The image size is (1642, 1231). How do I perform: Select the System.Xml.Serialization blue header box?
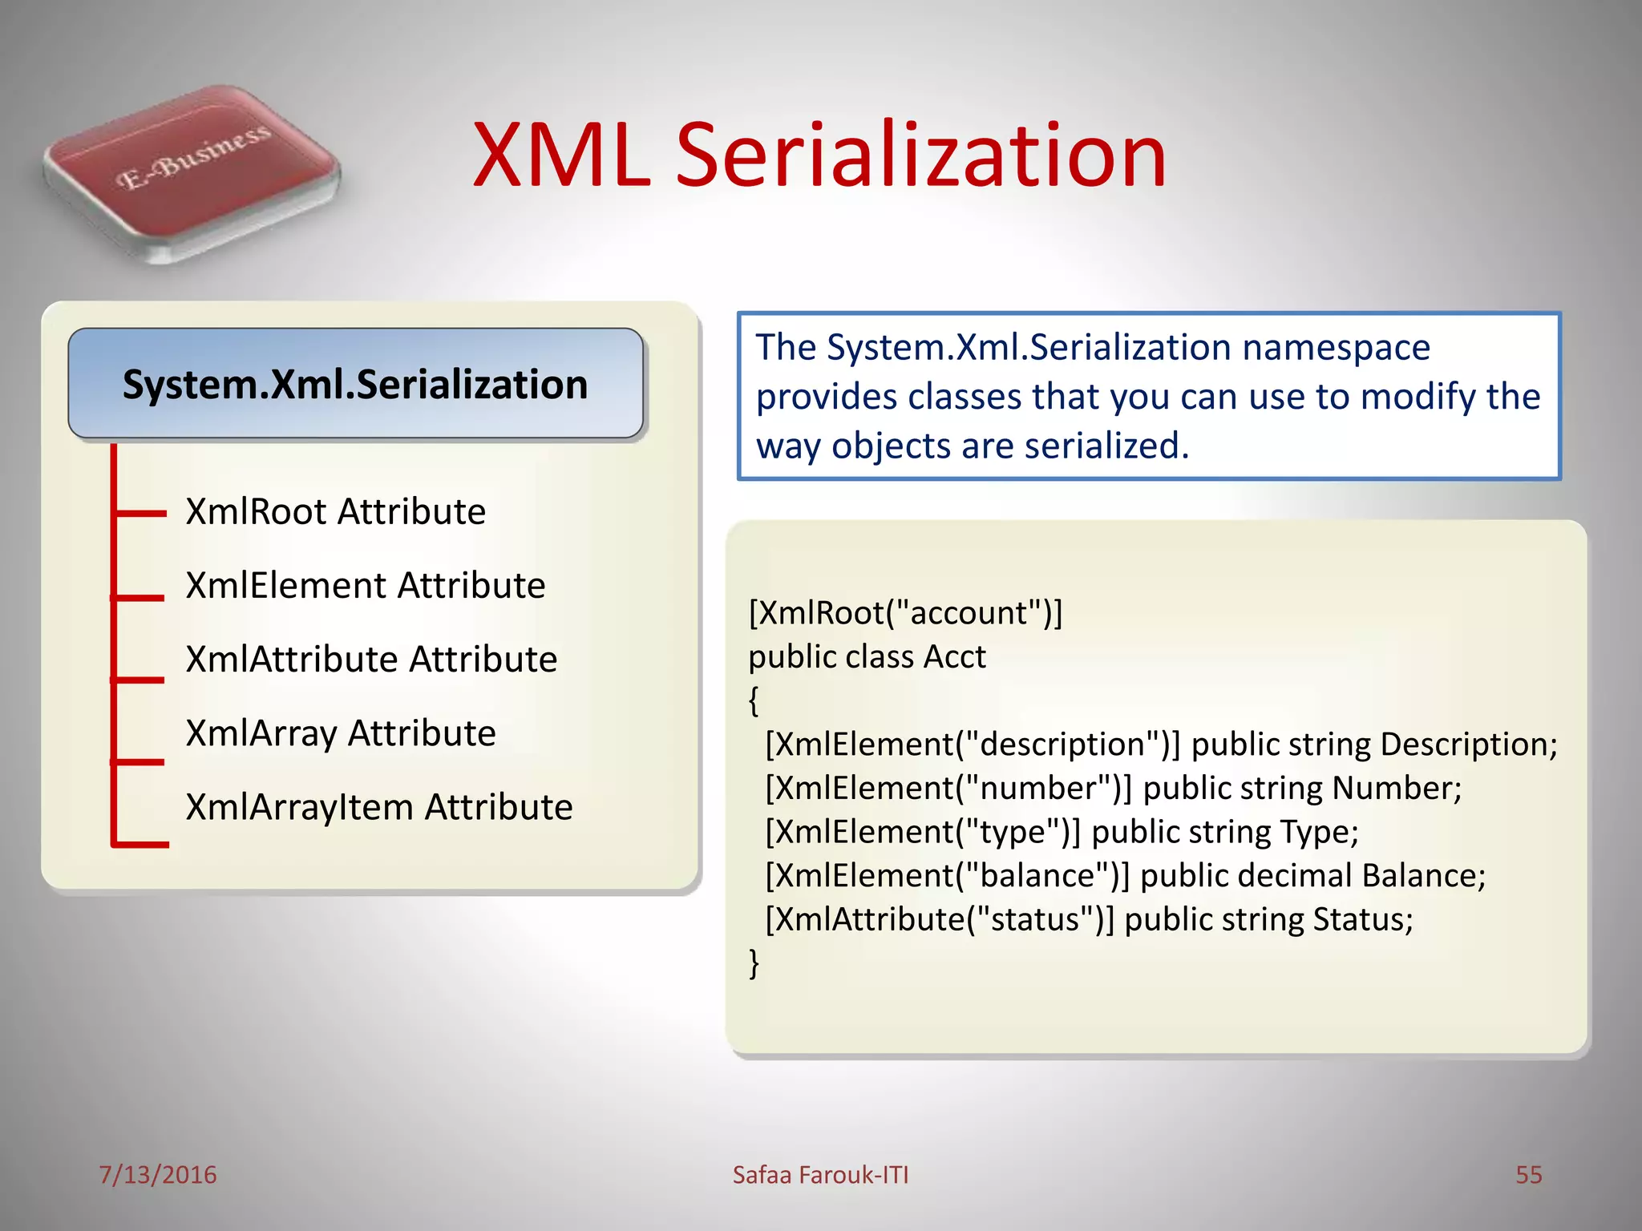[355, 384]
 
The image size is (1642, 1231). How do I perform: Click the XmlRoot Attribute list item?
[335, 511]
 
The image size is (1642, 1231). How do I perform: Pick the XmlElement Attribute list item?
[365, 585]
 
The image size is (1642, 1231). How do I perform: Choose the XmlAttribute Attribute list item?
[371, 659]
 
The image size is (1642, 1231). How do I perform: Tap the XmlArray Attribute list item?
[341, 733]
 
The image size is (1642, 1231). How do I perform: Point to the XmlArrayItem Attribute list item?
[379, 806]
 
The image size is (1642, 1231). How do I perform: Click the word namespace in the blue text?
[1336, 347]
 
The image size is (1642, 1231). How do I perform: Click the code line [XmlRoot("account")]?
[905, 613]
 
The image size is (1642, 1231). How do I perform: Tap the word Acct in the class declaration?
[954, 656]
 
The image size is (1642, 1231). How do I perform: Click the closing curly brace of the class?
[754, 963]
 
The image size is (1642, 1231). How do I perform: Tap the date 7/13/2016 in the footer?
[157, 1175]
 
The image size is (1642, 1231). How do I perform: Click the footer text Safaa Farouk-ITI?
[820, 1175]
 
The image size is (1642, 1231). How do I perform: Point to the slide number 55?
[1528, 1175]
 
